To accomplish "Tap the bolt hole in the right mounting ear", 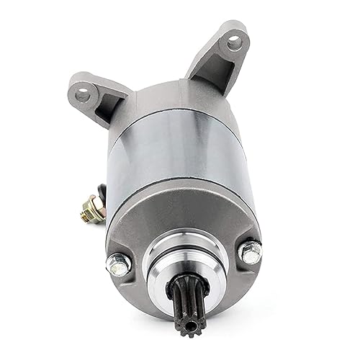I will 233,42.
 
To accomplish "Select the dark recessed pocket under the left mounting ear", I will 102,114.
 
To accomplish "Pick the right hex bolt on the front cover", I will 251,252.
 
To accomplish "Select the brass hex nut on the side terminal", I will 92,213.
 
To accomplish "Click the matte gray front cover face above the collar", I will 180,227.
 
